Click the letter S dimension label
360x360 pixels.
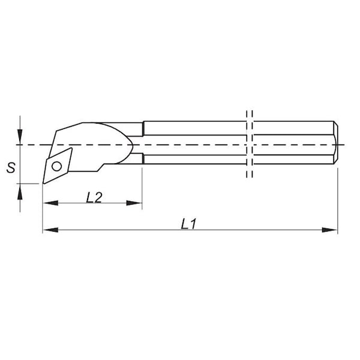click(10, 168)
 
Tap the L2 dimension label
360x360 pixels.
click(93, 197)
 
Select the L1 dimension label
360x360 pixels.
click(189, 223)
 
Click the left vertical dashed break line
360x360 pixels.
click(247, 144)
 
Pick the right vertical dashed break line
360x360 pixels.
click(253, 144)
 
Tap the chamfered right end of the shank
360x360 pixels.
click(336, 144)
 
